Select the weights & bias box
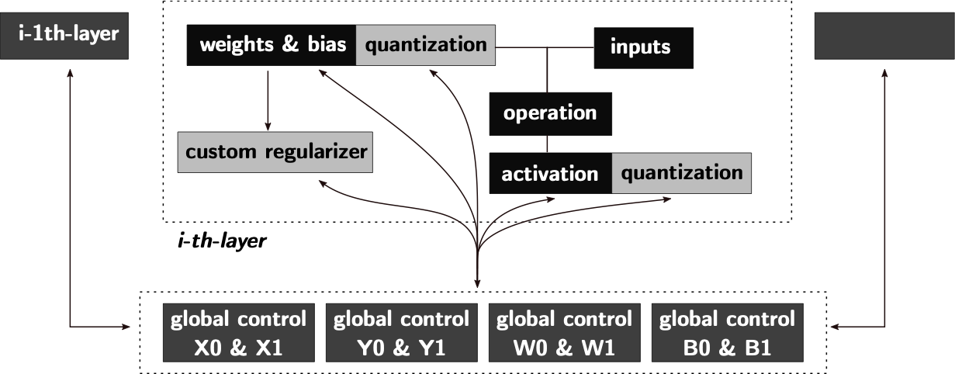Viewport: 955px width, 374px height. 272,45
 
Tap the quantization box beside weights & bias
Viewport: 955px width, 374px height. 425,45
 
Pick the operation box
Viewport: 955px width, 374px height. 549,113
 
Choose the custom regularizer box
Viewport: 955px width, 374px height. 275,151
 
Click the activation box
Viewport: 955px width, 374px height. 549,174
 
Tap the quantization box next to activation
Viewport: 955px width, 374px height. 681,172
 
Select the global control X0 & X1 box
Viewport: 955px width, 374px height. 238,334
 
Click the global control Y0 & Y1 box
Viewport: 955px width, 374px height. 401,334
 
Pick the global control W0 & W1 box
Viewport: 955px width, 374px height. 564,334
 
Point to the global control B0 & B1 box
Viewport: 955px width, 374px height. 727,334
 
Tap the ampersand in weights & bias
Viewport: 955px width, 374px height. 290,45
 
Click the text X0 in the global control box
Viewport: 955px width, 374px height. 207,348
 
